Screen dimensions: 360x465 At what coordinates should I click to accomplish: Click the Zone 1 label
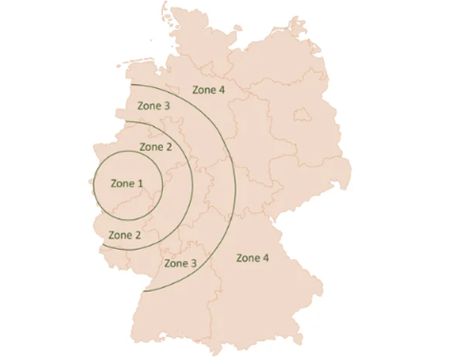126,183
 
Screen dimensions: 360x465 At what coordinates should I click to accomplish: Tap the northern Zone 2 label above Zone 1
155,147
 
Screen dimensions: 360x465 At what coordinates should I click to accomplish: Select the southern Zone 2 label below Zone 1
125,235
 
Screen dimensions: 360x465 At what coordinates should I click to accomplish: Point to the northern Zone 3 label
154,106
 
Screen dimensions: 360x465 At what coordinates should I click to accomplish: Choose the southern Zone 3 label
180,263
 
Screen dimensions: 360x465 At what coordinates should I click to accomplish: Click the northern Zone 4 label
208,90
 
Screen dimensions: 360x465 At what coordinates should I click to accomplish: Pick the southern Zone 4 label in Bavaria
252,257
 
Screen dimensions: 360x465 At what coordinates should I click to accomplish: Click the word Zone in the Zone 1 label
122,183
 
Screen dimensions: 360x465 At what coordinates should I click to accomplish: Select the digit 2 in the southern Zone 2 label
138,235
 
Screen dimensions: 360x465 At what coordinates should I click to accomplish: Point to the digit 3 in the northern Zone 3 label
168,106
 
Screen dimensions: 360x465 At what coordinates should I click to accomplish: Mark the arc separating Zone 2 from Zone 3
193,184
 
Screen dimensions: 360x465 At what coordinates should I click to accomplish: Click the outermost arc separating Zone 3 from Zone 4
235,184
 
